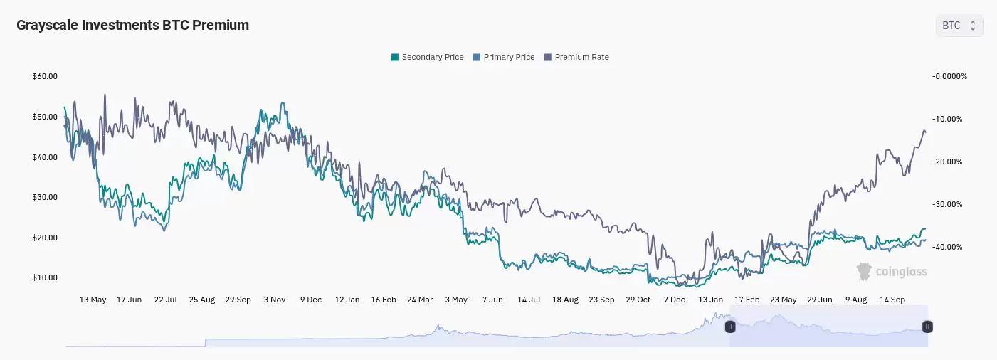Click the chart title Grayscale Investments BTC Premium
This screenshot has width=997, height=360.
tap(132, 25)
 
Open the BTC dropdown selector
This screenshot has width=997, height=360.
tap(959, 26)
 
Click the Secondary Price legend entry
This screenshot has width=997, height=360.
tap(428, 57)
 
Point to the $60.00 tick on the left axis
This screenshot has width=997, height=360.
tap(45, 76)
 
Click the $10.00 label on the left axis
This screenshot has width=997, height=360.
tap(45, 277)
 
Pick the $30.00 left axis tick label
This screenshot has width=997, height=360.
tap(45, 197)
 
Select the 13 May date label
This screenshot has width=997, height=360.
tap(93, 300)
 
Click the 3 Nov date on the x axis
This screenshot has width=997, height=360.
tap(275, 300)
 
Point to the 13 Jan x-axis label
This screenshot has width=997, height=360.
tap(711, 300)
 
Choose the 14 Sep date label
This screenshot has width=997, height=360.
tap(892, 300)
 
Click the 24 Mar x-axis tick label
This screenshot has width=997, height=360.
tap(420, 300)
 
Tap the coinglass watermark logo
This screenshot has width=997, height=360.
tap(892, 271)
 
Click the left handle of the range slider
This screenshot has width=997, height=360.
tap(729, 327)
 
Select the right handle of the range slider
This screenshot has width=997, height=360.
tap(927, 327)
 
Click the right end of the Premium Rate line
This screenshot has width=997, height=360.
tap(925, 132)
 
